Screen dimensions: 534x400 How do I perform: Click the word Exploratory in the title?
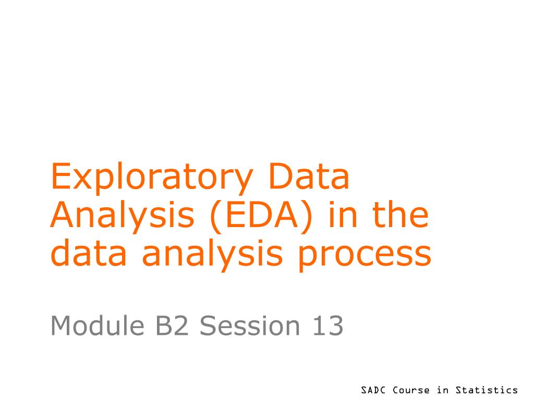point(152,178)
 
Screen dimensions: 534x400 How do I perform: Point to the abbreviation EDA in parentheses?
point(262,215)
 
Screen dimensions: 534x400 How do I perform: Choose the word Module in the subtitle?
point(98,326)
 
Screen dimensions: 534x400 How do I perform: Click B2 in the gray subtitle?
point(172,326)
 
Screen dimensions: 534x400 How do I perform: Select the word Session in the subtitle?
point(250,326)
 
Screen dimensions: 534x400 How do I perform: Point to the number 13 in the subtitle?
point(327,326)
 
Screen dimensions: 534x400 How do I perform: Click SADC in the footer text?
point(373,390)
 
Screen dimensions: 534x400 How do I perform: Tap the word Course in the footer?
point(411,390)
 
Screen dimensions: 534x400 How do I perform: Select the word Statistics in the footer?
point(487,390)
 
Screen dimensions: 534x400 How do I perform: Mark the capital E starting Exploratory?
point(60,176)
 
